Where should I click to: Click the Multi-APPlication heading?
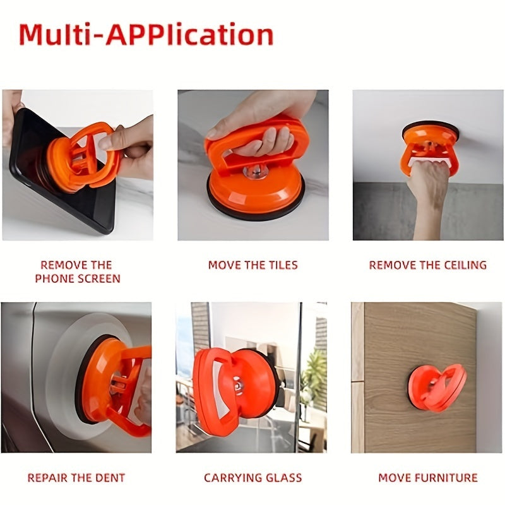tap(146, 35)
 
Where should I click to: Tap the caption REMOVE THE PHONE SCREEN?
tap(78, 271)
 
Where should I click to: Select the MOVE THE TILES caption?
tap(253, 265)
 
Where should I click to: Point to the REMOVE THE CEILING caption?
tap(428, 265)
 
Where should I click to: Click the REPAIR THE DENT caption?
tap(76, 478)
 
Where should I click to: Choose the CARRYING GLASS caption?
tap(253, 478)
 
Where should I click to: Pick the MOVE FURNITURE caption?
tap(428, 478)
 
